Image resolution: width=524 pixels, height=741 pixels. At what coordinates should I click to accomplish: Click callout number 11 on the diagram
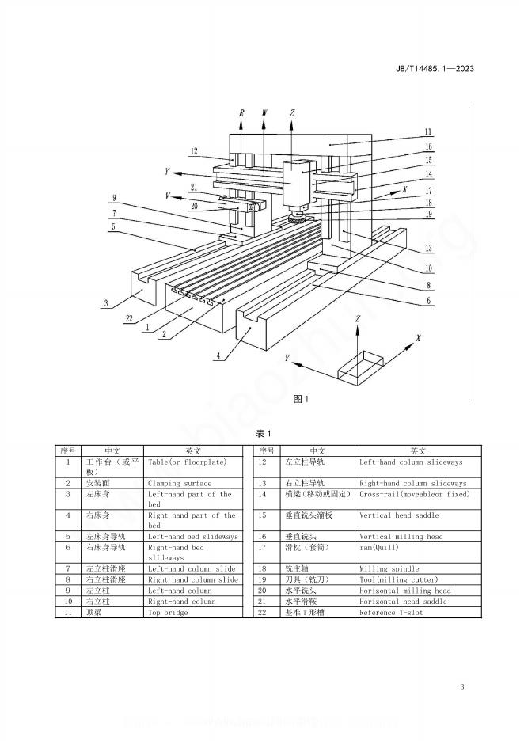click(x=427, y=131)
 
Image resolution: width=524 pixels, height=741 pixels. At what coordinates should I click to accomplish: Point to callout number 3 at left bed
click(x=105, y=302)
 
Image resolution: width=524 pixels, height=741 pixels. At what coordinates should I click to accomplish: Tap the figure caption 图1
click(x=300, y=399)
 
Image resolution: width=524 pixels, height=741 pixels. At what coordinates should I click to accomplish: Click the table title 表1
click(x=263, y=434)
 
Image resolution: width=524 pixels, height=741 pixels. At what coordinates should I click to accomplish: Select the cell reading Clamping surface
click(x=180, y=483)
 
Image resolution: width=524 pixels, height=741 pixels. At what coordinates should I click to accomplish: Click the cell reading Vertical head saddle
click(x=397, y=515)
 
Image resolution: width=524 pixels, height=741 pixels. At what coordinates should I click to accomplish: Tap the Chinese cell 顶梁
click(x=94, y=613)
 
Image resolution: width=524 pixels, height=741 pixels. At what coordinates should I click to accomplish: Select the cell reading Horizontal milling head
click(x=405, y=591)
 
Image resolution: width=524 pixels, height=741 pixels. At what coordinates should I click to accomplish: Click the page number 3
click(x=461, y=686)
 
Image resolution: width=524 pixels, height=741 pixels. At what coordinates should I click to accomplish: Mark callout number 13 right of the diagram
click(x=427, y=247)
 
